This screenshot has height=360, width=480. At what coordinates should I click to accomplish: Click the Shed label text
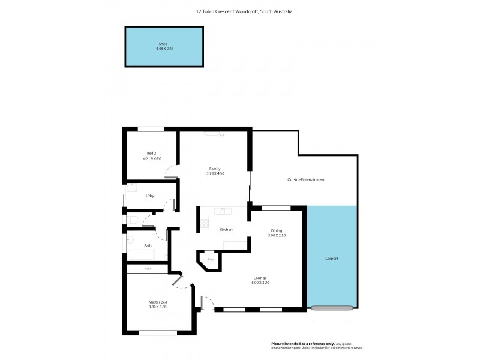(x=163, y=44)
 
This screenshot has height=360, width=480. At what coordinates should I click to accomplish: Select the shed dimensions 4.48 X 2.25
(x=163, y=49)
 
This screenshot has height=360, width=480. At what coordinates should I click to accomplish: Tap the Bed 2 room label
(x=151, y=153)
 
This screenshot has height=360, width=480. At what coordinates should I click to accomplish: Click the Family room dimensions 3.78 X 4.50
(x=215, y=173)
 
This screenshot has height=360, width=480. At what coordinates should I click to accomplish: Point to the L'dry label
(x=150, y=196)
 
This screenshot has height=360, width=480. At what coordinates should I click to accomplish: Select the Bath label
(x=148, y=245)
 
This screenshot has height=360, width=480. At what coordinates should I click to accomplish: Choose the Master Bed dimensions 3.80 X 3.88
(x=158, y=307)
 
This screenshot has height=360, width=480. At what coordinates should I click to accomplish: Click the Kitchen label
(x=226, y=230)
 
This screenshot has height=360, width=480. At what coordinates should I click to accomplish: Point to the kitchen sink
(x=225, y=211)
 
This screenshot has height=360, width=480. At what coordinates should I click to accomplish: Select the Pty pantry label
(x=210, y=259)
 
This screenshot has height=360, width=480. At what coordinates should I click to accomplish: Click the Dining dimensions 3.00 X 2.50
(x=277, y=235)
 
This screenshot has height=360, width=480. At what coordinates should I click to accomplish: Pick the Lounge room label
(x=260, y=278)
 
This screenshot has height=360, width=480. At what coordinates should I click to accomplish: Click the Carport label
(x=332, y=259)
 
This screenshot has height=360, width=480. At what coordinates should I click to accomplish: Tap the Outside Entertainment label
(x=306, y=179)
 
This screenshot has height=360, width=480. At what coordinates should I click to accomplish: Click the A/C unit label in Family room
(x=221, y=136)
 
